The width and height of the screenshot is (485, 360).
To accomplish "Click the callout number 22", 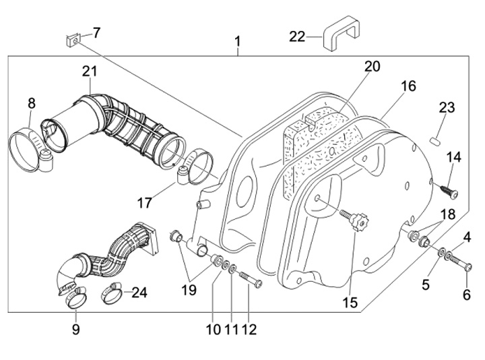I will pos(297,36).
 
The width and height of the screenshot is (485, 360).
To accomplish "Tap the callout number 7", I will pos(96,32).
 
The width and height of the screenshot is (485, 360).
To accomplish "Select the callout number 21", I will pos(90,71).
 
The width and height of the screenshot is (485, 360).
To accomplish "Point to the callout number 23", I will pos(447,108).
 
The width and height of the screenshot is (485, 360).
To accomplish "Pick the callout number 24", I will pos(139,293).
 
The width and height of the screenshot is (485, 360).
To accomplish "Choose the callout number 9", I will pos(75,330).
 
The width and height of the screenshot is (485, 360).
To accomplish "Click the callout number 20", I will pos(373,67).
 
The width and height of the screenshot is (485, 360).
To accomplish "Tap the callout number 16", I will pos(408,86).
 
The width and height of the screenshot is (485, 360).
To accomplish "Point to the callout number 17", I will pos(145,202).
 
